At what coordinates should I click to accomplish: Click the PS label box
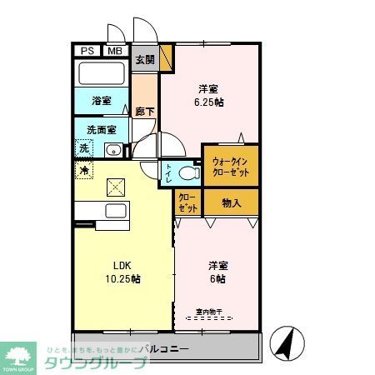pos(87,52)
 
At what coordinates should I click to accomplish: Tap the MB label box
pos(113,52)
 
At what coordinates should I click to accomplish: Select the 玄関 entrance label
pos(145,59)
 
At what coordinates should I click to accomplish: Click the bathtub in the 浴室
pos(101,74)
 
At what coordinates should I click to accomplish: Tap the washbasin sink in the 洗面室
pos(112,150)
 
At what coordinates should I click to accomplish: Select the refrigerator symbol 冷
pos(84,170)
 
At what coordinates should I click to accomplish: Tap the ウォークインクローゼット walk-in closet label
pos(230,165)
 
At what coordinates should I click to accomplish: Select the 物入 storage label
pos(232,202)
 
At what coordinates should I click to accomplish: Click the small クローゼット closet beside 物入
pos(187,203)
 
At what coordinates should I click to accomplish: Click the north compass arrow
pos(285,343)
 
